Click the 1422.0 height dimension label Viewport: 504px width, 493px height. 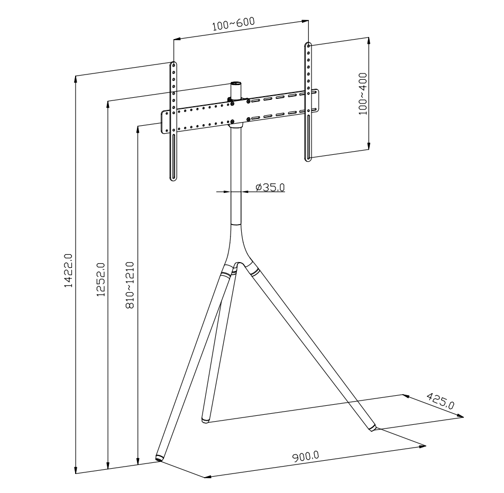pos(68,271)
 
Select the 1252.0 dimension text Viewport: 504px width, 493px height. pos(100,280)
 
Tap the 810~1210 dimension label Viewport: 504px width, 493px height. pos(130,285)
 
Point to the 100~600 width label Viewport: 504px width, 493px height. pos(233,23)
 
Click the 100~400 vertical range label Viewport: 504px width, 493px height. pos(363,94)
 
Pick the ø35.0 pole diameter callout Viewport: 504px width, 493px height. pos(270,187)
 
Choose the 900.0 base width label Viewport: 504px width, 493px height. pos(305,457)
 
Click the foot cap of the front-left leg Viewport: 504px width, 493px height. pos(159,458)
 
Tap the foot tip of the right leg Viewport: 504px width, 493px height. pos(373,428)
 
